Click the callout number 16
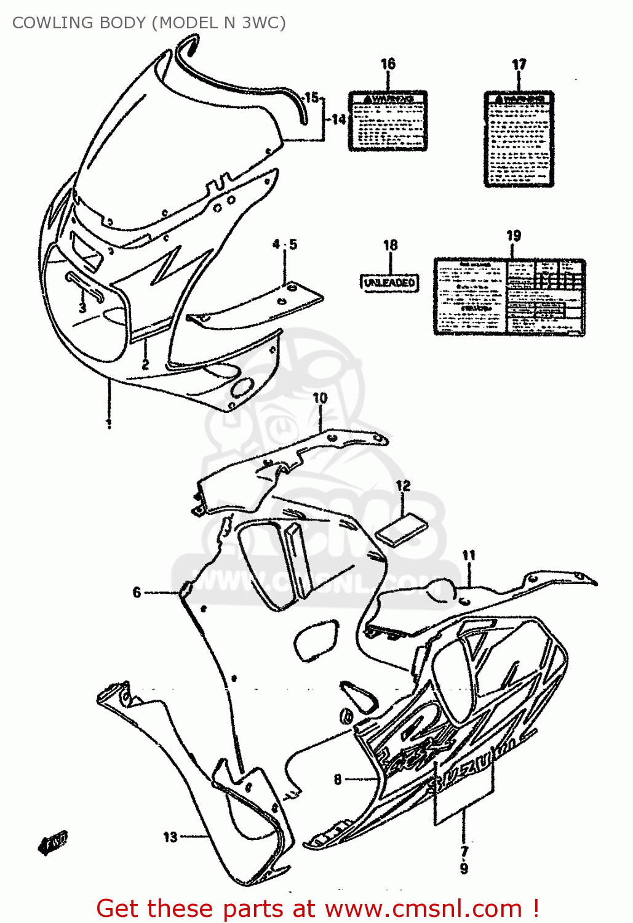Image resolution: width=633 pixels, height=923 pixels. click(388, 64)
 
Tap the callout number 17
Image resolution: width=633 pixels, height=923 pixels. click(519, 65)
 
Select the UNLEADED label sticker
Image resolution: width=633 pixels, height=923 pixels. click(389, 282)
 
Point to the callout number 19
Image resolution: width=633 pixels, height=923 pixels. click(514, 236)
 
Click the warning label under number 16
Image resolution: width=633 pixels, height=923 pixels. click(388, 121)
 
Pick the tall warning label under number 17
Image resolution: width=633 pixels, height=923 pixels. click(519, 139)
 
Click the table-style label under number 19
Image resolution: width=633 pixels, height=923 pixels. click(509, 297)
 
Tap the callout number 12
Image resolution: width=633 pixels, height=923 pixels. click(403, 486)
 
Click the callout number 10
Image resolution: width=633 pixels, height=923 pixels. click(320, 398)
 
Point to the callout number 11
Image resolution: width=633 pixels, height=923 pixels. click(469, 556)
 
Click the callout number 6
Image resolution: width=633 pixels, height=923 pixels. click(137, 592)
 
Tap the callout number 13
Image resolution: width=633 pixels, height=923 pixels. click(170, 837)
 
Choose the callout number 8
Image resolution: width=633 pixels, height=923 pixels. click(338, 780)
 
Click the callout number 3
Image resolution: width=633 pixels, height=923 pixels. click(82, 307)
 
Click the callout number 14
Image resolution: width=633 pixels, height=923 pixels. click(339, 119)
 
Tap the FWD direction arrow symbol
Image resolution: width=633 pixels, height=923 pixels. click(54, 843)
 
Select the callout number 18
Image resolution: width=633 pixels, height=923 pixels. click(391, 245)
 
